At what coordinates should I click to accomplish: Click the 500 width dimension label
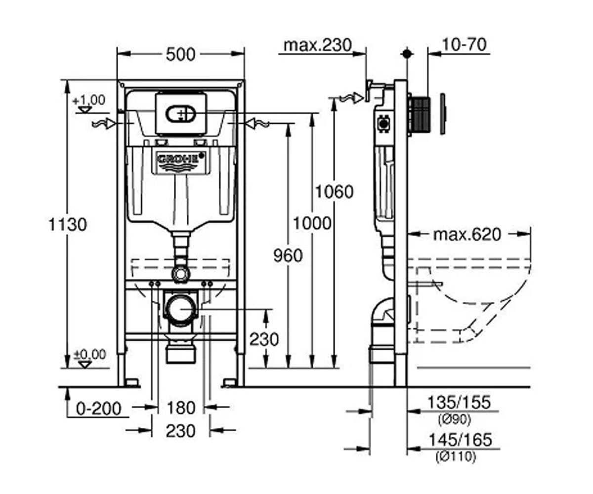tap(181, 54)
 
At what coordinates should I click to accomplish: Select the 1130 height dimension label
tap(68, 225)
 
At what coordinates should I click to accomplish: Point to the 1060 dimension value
tap(334, 192)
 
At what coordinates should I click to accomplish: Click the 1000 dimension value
tap(312, 223)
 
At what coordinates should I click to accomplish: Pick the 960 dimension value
tap(288, 255)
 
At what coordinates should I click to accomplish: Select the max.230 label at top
tap(318, 45)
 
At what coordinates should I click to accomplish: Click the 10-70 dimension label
tap(464, 44)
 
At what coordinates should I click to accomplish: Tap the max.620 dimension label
tap(467, 235)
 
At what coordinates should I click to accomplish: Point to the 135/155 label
tap(459, 402)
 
